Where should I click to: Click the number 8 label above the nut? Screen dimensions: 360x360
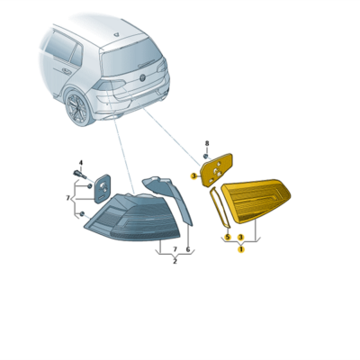point(207,143)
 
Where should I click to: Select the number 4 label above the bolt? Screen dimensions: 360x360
point(81,163)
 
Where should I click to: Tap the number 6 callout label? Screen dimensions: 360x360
point(188,249)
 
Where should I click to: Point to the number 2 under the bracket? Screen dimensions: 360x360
point(175,261)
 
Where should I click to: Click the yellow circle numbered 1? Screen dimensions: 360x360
point(241,249)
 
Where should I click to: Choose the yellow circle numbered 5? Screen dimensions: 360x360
point(228,238)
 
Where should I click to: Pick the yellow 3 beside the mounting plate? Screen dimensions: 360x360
point(193,176)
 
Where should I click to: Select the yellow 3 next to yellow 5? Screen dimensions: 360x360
point(240,238)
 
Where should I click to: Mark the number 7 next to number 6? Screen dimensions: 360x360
point(175,249)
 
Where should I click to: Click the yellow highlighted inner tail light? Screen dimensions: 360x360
point(256,200)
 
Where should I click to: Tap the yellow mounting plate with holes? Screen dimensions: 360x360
point(217,170)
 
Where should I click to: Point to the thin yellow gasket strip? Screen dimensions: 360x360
point(220,206)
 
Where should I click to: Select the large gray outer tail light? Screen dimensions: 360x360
point(132,217)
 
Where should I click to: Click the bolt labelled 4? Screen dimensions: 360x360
point(79,174)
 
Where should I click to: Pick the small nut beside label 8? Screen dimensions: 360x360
point(206,156)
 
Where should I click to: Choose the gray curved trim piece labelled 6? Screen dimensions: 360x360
point(170,197)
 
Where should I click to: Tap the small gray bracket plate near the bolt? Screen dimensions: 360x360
point(103,189)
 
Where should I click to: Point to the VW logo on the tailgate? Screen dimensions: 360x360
point(142,77)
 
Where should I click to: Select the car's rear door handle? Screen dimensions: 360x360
point(66,71)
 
